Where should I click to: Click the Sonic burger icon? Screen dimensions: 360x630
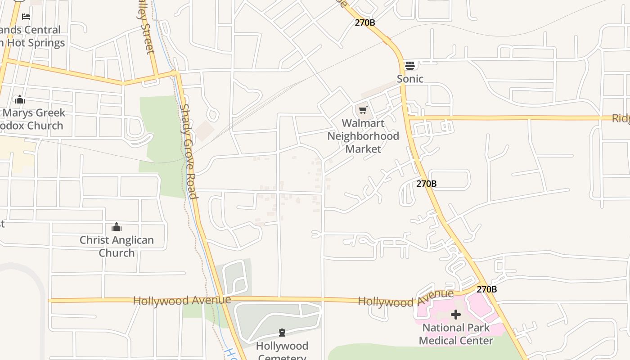(x=409, y=66)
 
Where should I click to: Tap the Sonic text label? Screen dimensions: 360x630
(x=410, y=79)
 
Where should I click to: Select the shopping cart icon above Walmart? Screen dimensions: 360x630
(x=363, y=110)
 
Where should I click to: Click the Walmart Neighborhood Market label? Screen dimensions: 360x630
(x=363, y=136)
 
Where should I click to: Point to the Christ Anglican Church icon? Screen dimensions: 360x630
(x=117, y=227)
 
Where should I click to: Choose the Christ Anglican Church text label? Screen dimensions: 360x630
(x=117, y=246)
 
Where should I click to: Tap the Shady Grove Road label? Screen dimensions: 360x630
(x=189, y=151)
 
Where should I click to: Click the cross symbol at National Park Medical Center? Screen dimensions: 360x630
(x=456, y=314)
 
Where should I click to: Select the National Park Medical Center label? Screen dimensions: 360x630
(x=456, y=334)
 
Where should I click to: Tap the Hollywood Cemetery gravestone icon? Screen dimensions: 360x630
(x=282, y=333)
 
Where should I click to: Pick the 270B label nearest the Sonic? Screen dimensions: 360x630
(x=364, y=22)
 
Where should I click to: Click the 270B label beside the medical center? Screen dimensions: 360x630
(x=486, y=289)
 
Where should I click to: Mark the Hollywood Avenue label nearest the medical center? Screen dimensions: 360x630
(x=405, y=298)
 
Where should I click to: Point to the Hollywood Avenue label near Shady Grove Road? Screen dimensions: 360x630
(x=182, y=300)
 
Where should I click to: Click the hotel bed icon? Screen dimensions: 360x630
(x=26, y=17)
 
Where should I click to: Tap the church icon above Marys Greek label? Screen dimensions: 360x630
(x=19, y=99)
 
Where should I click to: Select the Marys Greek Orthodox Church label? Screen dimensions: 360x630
(x=32, y=119)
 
